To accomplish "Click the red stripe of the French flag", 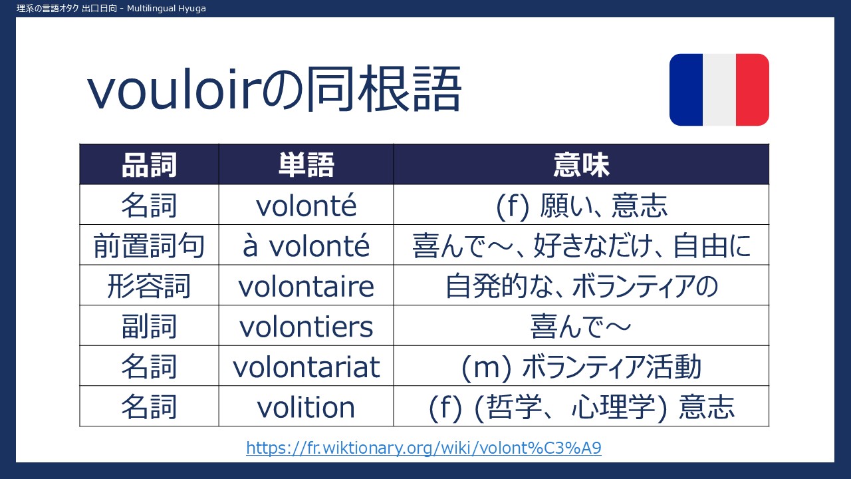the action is click(x=752, y=90).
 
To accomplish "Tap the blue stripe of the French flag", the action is click(x=686, y=90).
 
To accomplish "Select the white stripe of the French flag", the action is click(x=719, y=90).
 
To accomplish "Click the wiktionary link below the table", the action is click(x=424, y=448).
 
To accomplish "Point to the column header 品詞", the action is click(x=149, y=165).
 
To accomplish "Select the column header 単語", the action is click(x=306, y=165).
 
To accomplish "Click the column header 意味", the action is click(x=581, y=165).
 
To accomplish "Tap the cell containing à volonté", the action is click(x=306, y=245).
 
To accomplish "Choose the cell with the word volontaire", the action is click(x=306, y=286).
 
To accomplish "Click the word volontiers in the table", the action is click(x=306, y=327).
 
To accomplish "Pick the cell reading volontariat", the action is click(x=306, y=367).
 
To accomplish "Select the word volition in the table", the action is click(x=306, y=407).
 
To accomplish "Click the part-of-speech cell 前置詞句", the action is click(x=149, y=245).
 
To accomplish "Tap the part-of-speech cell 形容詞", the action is click(x=149, y=286).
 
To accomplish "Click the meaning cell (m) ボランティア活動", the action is click(x=581, y=367).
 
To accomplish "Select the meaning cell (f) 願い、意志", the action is click(x=581, y=206).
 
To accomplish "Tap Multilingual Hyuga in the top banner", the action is click(x=166, y=9).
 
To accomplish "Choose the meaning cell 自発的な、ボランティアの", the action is click(x=581, y=286).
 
